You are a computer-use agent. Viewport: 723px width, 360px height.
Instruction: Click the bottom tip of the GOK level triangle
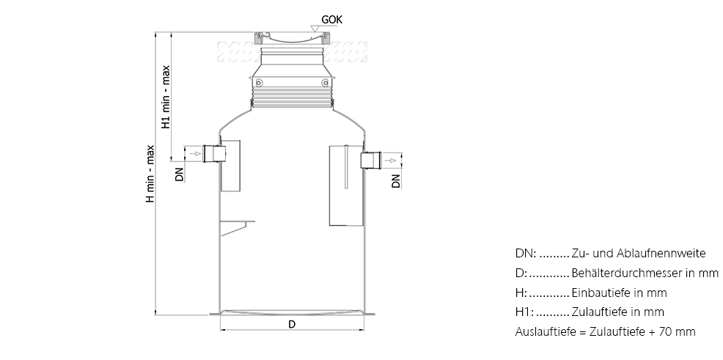click(315, 32)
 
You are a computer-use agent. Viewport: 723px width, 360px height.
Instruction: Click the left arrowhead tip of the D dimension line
click(221, 330)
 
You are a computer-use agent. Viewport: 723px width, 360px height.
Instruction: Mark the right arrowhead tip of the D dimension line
click(364, 330)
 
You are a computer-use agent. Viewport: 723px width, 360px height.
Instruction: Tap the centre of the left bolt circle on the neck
click(259, 83)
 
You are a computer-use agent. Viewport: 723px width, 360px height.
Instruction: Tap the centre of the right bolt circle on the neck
click(325, 83)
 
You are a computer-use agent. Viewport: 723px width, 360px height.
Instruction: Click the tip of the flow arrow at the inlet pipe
click(202, 153)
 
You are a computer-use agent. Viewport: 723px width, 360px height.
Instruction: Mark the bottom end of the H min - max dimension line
click(155, 315)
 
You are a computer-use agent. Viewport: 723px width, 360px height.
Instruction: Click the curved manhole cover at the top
click(292, 38)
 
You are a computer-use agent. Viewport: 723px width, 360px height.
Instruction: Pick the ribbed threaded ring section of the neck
click(292, 99)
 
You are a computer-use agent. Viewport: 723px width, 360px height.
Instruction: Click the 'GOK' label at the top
click(332, 20)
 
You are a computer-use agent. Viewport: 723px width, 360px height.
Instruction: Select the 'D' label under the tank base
click(292, 325)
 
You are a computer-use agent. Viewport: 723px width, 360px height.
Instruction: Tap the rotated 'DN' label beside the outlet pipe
click(396, 180)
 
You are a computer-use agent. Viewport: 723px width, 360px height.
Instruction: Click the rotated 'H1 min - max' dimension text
click(166, 97)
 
